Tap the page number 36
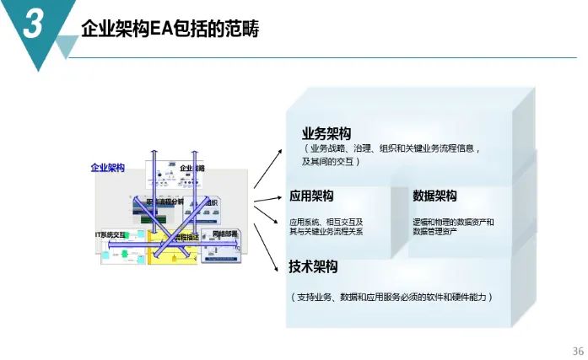(577, 351)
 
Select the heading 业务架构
(326, 134)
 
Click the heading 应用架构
(311, 196)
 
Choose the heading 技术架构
(313, 266)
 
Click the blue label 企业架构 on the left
(108, 168)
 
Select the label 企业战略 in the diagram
(192, 169)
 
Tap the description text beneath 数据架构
(453, 226)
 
